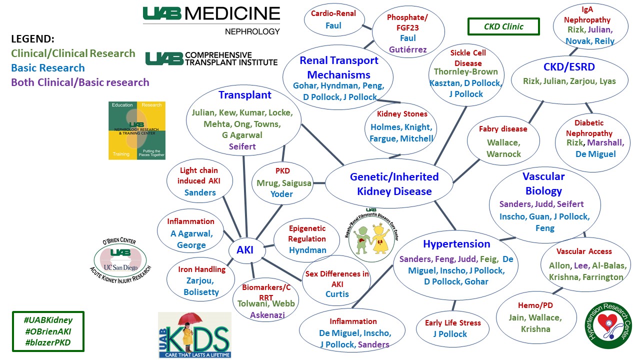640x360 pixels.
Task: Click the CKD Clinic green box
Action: point(503,26)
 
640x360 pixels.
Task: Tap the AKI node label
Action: point(241,250)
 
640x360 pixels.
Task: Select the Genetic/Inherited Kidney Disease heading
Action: point(394,183)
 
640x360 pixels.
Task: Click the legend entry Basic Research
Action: point(48,68)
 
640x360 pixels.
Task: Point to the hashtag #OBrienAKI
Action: point(48,332)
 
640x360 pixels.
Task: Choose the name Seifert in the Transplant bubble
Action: point(242,146)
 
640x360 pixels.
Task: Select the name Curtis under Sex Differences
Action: point(337,294)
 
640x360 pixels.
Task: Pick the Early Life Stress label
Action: point(453,322)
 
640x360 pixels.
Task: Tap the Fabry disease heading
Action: point(503,129)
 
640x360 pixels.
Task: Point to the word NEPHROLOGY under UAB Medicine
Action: point(252,31)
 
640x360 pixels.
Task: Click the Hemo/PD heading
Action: point(535,305)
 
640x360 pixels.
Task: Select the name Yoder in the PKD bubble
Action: point(281,194)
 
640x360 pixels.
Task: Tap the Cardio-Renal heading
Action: point(333,13)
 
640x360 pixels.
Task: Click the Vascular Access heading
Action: point(584,251)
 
